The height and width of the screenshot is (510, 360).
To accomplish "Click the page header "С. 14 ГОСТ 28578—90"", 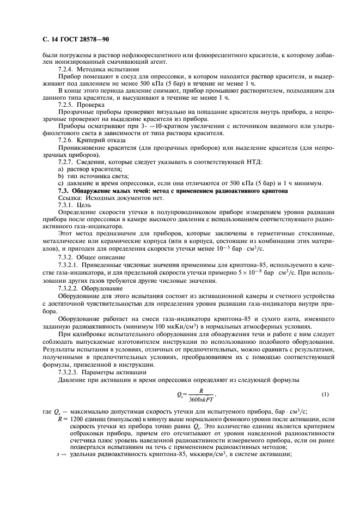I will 65,40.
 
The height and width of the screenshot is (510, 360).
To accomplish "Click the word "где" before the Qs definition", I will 46,411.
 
